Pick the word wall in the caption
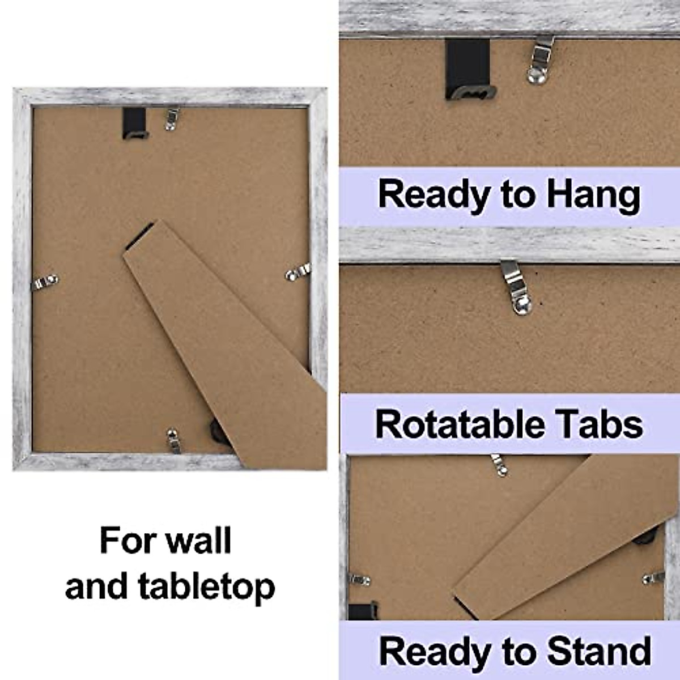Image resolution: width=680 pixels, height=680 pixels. tap(199, 540)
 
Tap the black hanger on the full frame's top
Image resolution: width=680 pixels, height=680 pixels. tap(135, 123)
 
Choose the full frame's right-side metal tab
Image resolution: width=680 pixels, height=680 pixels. tap(296, 272)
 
